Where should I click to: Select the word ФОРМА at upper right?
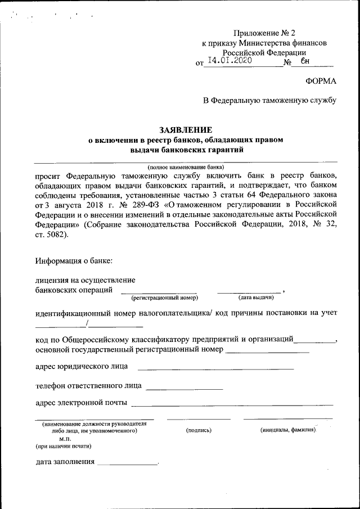[x=321, y=81]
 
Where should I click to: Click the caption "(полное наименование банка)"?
[x=186, y=167]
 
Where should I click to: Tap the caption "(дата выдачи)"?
[x=255, y=297]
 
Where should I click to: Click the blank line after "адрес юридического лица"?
[x=215, y=369]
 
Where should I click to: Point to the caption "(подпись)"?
[x=199, y=430]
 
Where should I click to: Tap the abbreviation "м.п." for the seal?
[x=65, y=438]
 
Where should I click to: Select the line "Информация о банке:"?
[x=74, y=260]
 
